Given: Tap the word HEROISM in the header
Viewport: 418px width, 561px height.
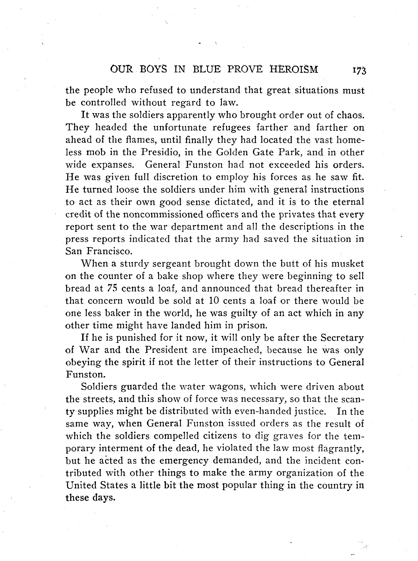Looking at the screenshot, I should [294, 69].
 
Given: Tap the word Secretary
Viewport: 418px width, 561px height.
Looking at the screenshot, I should [342, 338].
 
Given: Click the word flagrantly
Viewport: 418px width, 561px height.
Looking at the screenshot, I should [341, 449].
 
